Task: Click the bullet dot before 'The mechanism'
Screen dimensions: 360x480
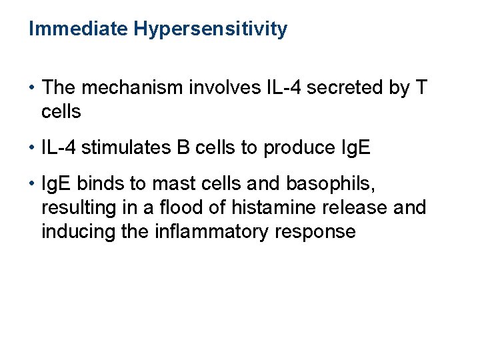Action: coord(32,87)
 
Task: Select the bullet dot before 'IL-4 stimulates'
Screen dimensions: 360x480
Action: coord(32,147)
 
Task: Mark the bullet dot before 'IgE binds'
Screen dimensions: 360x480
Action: coord(32,183)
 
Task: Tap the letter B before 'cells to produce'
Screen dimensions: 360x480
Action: coord(183,147)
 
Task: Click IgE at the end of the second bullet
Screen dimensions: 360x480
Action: coord(353,148)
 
